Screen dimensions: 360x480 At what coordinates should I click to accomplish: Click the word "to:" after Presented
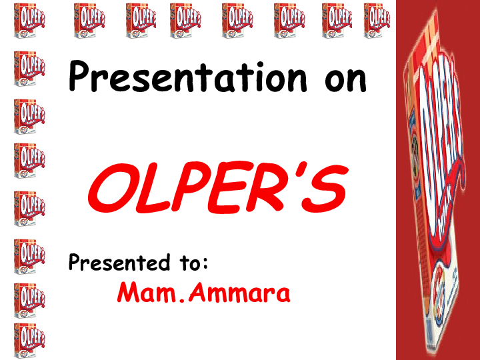(194, 263)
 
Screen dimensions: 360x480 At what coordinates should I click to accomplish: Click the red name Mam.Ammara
(203, 293)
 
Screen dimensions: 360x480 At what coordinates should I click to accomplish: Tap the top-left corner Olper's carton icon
(28, 20)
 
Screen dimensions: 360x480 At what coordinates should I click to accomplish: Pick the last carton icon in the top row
(377, 20)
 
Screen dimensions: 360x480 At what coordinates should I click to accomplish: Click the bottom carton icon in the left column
(29, 340)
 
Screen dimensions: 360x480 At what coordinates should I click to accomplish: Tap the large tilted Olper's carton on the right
(437, 180)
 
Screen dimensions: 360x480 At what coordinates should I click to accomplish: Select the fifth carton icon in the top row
(236, 20)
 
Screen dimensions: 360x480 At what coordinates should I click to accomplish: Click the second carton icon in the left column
(29, 69)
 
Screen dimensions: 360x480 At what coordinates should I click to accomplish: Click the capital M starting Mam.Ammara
(129, 293)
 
